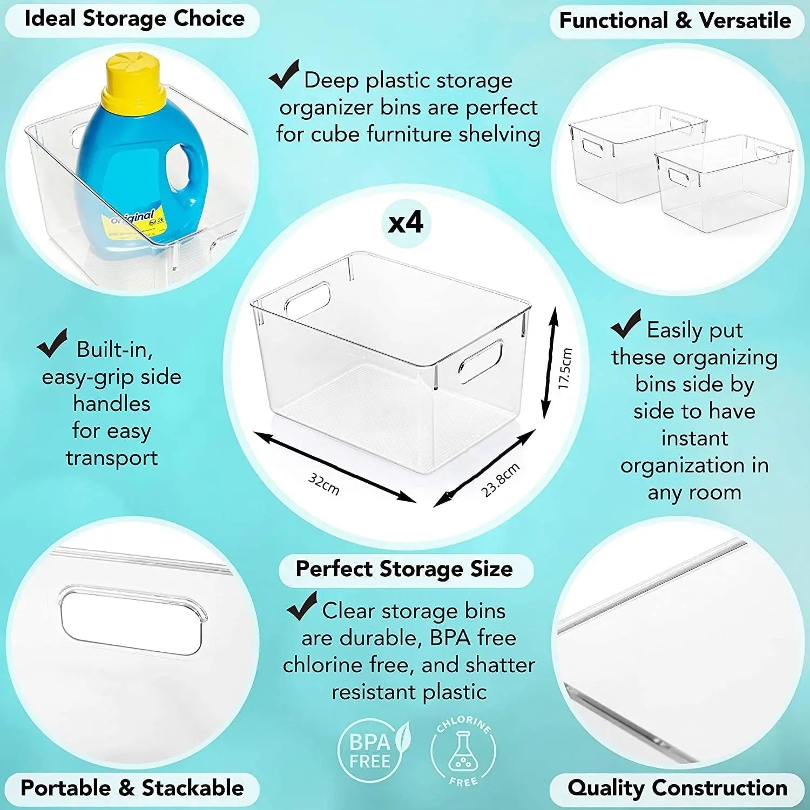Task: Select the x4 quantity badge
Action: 406,222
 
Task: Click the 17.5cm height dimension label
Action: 565,368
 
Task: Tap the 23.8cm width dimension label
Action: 501,479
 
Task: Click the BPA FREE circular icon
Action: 370,751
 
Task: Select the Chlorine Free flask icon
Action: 463,750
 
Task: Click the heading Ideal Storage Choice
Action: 134,19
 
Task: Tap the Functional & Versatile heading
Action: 675,21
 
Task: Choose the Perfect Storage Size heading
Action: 404,569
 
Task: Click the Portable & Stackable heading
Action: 132,788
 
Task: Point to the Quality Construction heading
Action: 677,788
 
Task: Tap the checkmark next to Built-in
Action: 52,343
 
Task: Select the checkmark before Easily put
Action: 626,324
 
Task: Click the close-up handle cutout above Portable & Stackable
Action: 131,622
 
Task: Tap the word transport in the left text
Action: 112,458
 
